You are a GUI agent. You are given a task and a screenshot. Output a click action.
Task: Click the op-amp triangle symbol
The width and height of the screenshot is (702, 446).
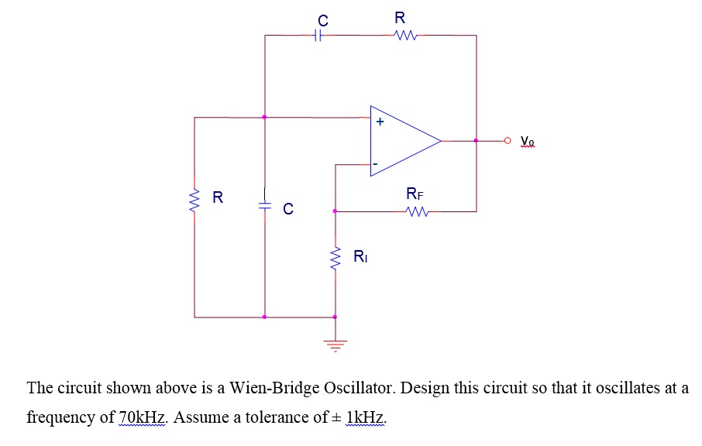click(403, 142)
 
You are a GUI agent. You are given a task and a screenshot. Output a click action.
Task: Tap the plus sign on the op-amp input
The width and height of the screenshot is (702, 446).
click(380, 122)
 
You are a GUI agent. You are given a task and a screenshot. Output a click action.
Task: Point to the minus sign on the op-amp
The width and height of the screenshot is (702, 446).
click(375, 164)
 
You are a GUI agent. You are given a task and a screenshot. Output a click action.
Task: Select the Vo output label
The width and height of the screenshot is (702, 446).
click(528, 141)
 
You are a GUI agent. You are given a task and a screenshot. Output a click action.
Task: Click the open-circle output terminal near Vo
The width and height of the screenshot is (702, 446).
click(508, 141)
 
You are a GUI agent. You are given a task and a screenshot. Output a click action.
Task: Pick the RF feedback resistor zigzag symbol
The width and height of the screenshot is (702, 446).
click(416, 211)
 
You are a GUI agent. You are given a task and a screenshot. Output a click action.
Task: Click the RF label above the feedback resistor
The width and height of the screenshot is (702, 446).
click(415, 194)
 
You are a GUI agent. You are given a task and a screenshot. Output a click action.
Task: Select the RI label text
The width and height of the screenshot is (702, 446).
click(360, 256)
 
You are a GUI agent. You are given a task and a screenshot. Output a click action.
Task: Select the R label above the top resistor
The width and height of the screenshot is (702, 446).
click(400, 18)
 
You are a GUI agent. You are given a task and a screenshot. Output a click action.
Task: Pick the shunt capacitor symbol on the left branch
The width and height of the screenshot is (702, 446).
click(264, 206)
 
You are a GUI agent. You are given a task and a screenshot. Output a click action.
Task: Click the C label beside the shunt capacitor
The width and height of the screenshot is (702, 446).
click(288, 208)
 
